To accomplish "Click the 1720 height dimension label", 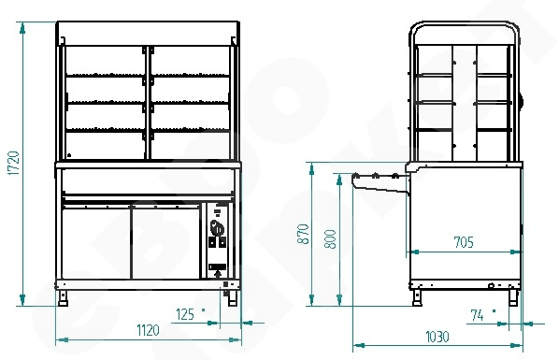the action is click(13, 163).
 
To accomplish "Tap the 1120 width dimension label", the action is click(149, 331).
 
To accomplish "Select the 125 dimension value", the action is click(185, 315).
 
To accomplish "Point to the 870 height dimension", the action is click(303, 234).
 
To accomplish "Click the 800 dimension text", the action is click(331, 239).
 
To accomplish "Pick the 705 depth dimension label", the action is click(465, 242).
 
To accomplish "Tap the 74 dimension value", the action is click(478, 315).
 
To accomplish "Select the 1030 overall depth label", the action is click(437, 337).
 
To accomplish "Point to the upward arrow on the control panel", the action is click(218, 274).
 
